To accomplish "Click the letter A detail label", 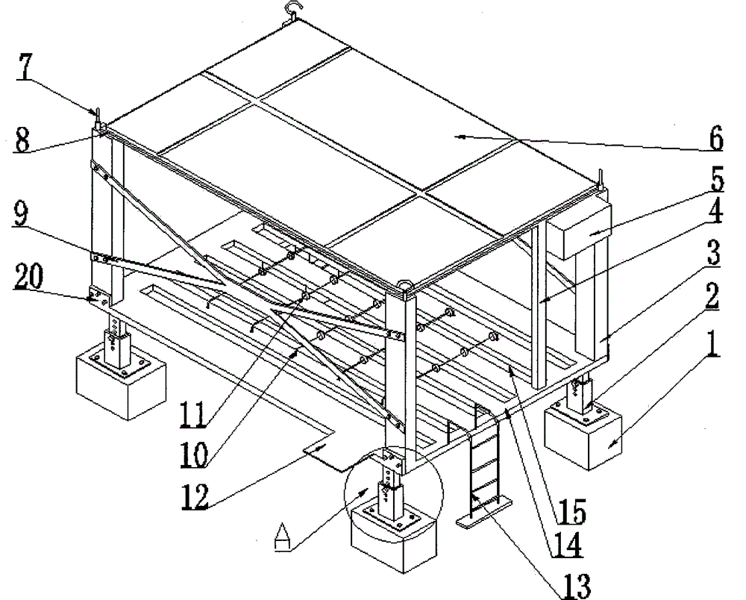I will (281, 537).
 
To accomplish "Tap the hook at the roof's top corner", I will (289, 10).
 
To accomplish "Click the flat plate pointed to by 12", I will (325, 451).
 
